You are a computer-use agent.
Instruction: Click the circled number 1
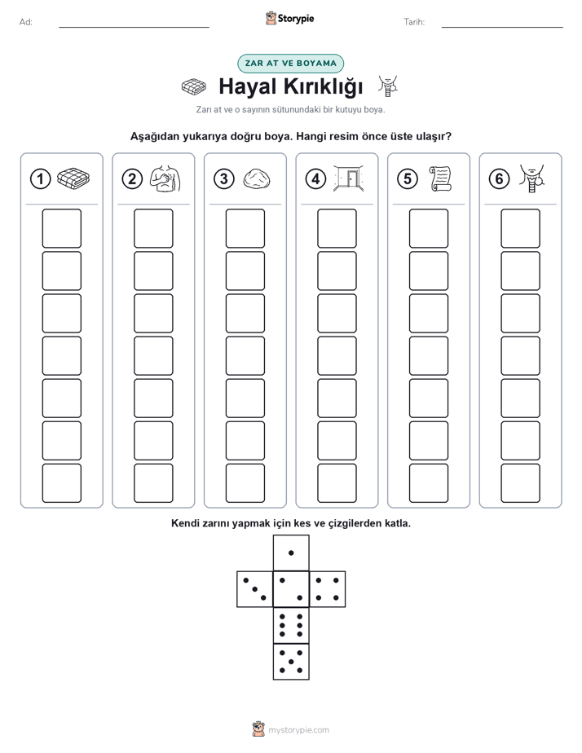tap(40, 179)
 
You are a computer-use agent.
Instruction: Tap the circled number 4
tap(315, 179)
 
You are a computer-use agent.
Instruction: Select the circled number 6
tap(499, 179)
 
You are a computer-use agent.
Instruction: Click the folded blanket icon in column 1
tap(73, 178)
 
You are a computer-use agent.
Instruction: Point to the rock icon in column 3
tap(257, 178)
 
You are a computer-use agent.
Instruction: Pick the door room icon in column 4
tap(349, 178)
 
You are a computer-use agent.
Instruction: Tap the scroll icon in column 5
tap(440, 178)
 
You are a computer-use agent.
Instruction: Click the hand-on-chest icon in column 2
tap(165, 178)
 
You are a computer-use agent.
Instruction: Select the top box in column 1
tap(61, 228)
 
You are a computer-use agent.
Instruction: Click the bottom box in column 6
tap(520, 483)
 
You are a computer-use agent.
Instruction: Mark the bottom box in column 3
tap(245, 483)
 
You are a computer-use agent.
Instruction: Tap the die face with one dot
tap(291, 553)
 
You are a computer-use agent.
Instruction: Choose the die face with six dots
tap(291, 625)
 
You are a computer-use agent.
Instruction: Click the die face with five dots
tap(291, 661)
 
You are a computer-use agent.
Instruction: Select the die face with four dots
tap(328, 588)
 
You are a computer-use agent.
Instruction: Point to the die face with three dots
tap(255, 588)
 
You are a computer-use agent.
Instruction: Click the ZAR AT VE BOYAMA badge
tap(290, 64)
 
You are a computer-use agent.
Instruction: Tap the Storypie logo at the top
tap(289, 19)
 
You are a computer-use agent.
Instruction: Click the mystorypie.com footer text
tap(298, 730)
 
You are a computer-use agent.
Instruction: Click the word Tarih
tap(414, 22)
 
